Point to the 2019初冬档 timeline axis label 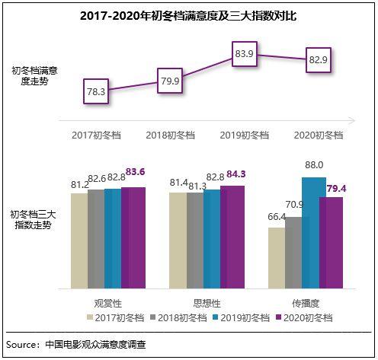point(245,135)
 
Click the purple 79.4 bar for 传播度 point(331,242)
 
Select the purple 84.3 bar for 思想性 point(232,237)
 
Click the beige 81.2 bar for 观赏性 point(79,240)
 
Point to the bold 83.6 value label point(133,173)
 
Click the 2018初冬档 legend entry point(176,317)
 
